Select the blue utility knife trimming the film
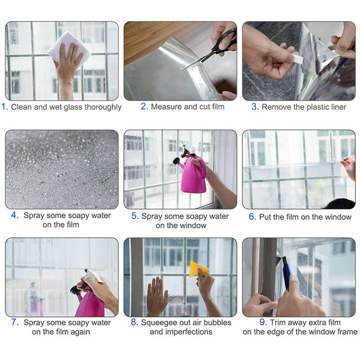pos(287,274)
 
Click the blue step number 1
pos(5,107)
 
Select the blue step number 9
pos(263,323)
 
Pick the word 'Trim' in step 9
pos(278,323)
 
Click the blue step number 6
pos(252,217)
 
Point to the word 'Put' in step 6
pos(266,217)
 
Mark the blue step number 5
pos(135,216)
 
